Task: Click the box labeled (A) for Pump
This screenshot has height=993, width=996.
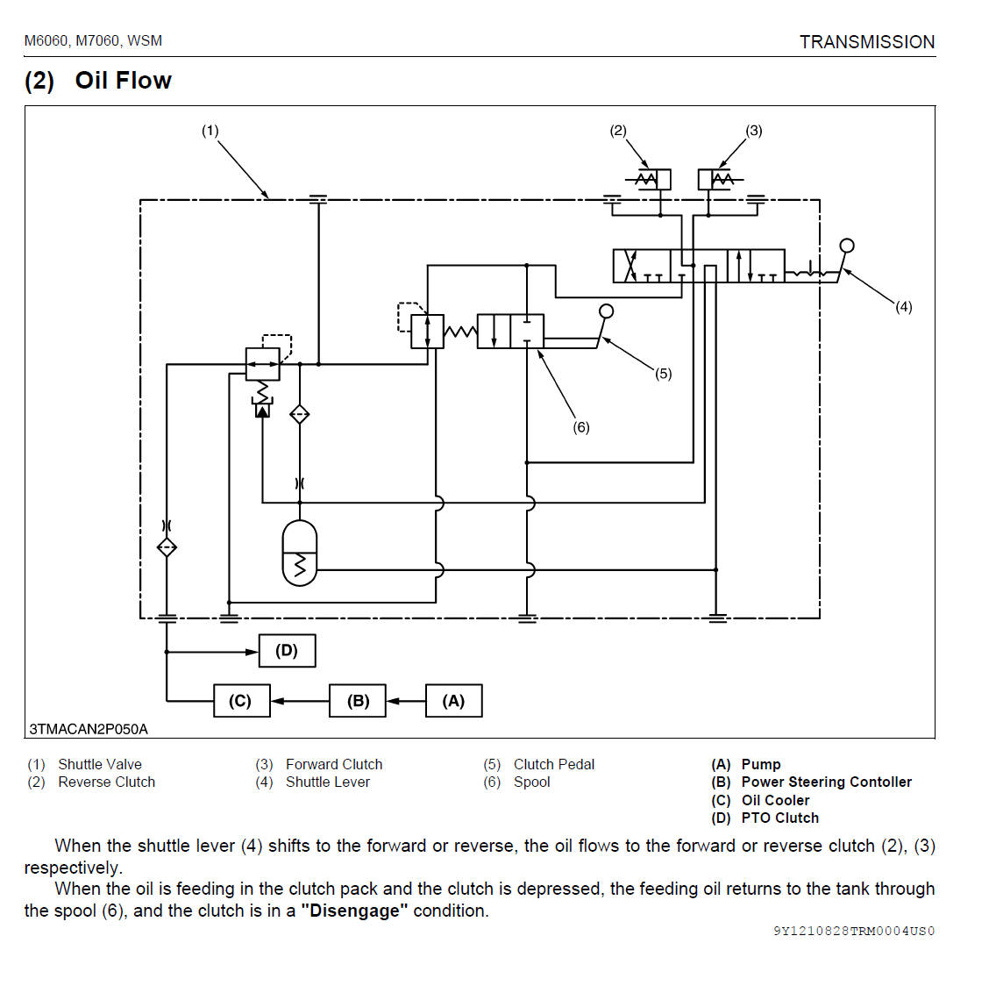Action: pos(453,701)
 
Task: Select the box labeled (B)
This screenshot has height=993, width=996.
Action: pos(358,701)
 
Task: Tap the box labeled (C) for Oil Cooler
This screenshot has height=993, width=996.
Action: pos(241,701)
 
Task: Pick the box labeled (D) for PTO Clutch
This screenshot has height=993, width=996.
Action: pos(287,651)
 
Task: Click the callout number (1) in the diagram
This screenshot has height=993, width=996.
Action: pos(210,131)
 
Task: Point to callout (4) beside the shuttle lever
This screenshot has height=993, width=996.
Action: pos(903,306)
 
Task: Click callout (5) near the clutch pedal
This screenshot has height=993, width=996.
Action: pos(664,374)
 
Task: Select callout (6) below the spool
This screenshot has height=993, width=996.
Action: pos(581,427)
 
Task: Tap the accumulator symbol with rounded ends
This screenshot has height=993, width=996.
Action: pos(300,553)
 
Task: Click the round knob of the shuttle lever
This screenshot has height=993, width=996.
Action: pos(847,246)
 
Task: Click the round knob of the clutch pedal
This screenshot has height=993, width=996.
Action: pos(606,311)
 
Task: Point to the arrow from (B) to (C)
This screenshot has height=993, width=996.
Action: pos(299,701)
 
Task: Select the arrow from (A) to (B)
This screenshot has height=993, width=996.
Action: pos(405,701)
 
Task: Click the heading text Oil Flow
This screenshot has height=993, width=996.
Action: pos(123,81)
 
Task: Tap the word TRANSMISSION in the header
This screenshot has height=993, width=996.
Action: pos(866,42)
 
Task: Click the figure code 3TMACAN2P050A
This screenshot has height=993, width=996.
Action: pos(89,729)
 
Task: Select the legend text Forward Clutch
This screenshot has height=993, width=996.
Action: pos(334,764)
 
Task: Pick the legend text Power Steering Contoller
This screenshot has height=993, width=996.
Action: pos(826,782)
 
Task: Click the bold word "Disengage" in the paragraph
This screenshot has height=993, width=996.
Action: pos(354,911)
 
